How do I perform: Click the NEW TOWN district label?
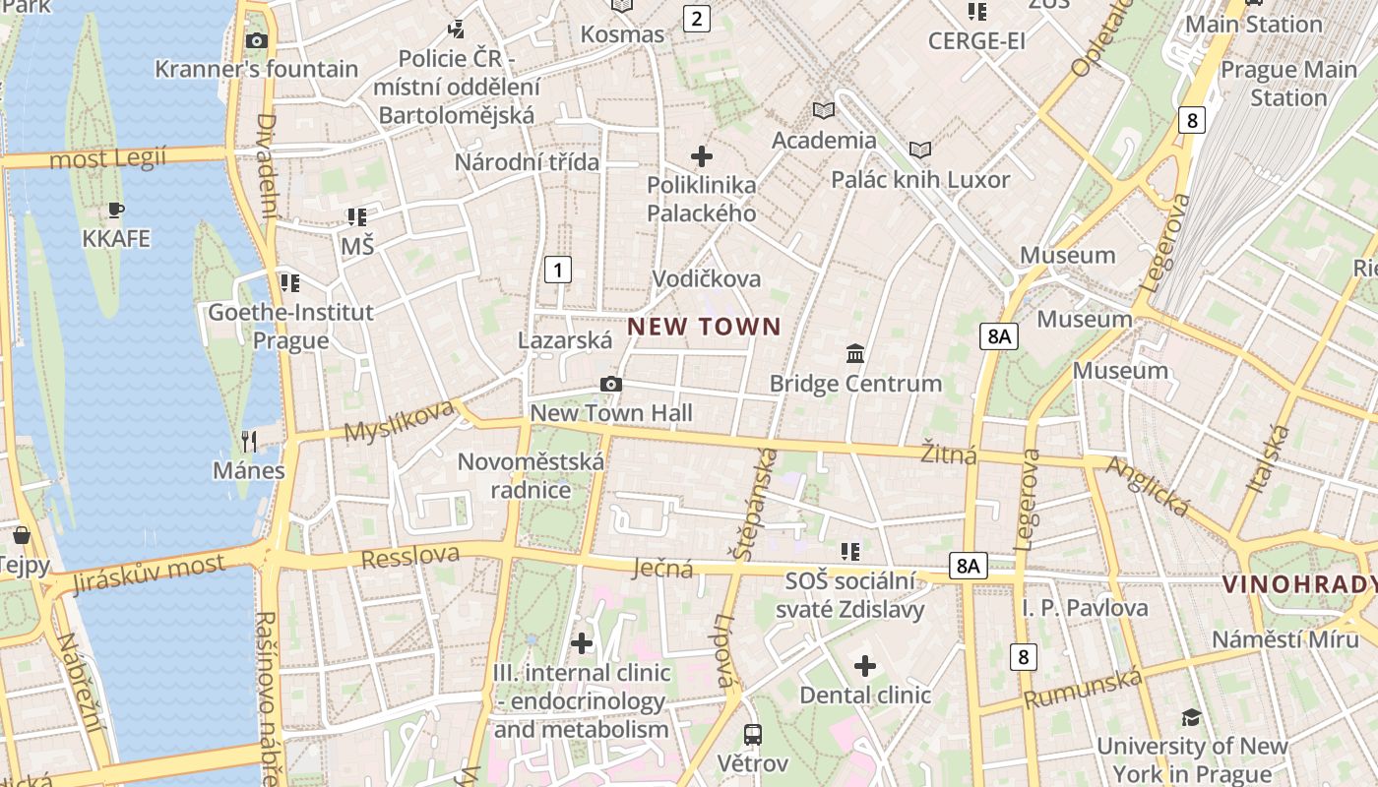tap(704, 327)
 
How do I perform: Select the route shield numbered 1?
tap(558, 269)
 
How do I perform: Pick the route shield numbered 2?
tap(697, 18)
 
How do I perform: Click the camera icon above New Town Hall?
tap(611, 384)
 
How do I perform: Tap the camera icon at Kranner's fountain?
tap(257, 40)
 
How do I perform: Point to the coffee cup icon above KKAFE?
tap(116, 210)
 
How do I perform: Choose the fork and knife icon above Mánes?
tap(249, 441)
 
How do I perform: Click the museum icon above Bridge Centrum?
tap(855, 353)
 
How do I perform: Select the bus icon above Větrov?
tap(753, 734)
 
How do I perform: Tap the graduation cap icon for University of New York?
tap(1191, 717)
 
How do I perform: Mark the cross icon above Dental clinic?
tap(865, 666)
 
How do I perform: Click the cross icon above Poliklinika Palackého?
tap(702, 156)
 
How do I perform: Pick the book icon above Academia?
tap(824, 111)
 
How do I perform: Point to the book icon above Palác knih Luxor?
tap(920, 151)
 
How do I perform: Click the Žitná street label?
tap(949, 454)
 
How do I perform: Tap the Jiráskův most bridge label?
tap(149, 573)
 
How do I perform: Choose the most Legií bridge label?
tap(108, 157)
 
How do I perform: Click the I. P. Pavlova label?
tap(1085, 608)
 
